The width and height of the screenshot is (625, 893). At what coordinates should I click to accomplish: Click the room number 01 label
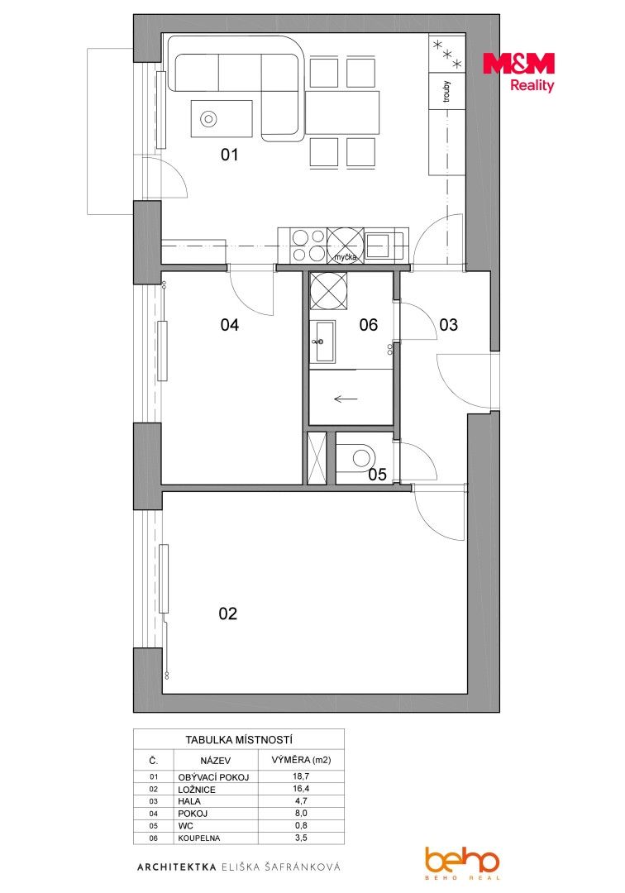229,155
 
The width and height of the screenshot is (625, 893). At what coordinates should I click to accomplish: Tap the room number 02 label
227,614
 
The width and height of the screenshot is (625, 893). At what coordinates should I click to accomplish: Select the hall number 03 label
449,325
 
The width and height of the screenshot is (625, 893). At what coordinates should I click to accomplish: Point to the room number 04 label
229,325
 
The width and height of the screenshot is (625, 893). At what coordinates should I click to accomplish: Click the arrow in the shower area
345,399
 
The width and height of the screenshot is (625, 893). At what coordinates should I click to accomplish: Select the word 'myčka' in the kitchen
346,257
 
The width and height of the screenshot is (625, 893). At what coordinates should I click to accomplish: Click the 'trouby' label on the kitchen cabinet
446,92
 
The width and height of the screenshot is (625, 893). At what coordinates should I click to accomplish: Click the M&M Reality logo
518,72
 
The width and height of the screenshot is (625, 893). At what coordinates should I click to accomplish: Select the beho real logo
461,862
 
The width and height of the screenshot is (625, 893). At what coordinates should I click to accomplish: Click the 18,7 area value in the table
301,776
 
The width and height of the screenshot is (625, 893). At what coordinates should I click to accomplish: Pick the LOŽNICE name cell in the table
197,790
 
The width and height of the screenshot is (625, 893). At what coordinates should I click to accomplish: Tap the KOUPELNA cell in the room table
198,838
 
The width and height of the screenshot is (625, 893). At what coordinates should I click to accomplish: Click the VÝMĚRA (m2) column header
301,760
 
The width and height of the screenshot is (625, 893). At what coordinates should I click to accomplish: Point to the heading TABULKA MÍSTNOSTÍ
239,740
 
